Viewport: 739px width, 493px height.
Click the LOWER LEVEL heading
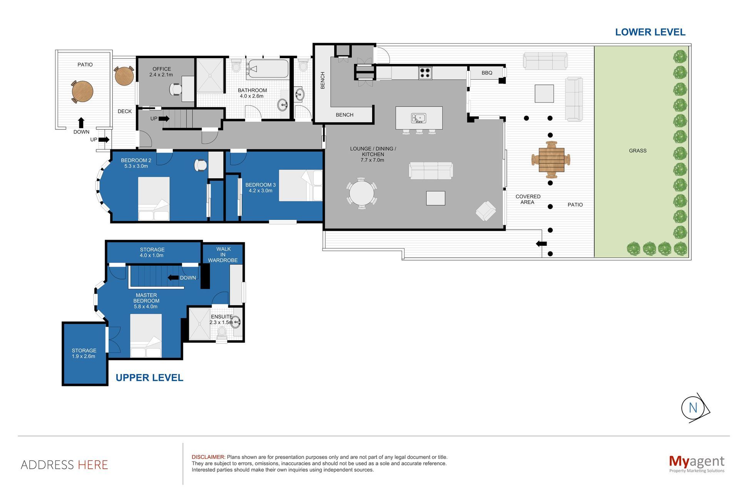[650, 32]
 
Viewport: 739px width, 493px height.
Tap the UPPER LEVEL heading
[149, 378]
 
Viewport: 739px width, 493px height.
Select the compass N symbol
[693, 408]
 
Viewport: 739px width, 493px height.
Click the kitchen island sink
[418, 117]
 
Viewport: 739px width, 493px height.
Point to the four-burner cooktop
[425, 73]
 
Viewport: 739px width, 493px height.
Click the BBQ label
[487, 73]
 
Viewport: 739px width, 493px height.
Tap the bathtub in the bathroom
[268, 69]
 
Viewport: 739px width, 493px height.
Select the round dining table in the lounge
[361, 193]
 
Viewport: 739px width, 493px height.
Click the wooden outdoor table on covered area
[551, 159]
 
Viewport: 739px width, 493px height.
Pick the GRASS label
[637, 151]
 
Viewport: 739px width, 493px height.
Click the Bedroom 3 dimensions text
[261, 191]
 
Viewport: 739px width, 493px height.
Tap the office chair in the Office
[176, 89]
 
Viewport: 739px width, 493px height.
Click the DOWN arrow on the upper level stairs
[172, 278]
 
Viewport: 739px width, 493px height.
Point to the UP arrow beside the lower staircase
[164, 119]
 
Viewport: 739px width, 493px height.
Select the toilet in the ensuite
[222, 332]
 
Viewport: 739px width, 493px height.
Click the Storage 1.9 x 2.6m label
[84, 353]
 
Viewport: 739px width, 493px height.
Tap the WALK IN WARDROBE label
[223, 255]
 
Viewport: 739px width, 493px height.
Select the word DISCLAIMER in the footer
[208, 457]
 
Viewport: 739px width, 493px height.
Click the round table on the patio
[82, 91]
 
